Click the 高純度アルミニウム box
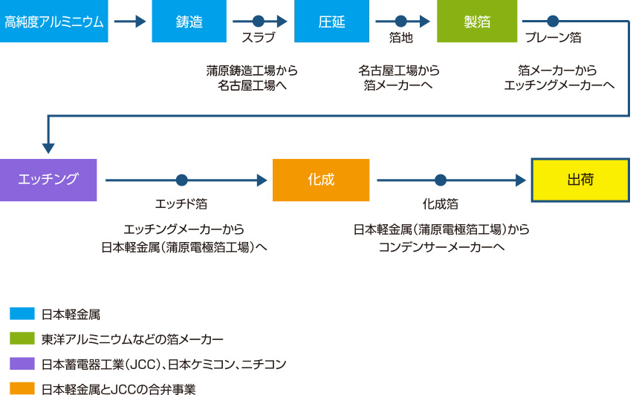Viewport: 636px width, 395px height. click(x=54, y=21)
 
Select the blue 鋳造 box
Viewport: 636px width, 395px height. click(x=189, y=21)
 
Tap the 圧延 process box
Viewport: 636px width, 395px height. click(x=332, y=21)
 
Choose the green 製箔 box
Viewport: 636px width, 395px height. click(x=477, y=21)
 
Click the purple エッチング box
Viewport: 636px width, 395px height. click(x=48, y=180)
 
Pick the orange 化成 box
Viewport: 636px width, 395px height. click(x=321, y=180)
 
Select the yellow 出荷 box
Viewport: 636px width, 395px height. click(x=580, y=180)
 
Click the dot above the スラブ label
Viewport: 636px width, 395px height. click(x=259, y=21)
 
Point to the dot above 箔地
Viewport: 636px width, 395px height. click(x=400, y=21)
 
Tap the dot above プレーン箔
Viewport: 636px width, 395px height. click(x=553, y=21)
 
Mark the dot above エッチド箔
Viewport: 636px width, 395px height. click(x=182, y=180)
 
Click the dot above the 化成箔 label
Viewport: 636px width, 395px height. click(x=441, y=180)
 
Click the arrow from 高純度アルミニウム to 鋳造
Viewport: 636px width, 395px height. click(x=130, y=21)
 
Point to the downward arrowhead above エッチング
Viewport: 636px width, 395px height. click(x=48, y=148)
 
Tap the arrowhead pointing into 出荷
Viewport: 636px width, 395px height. click(x=521, y=180)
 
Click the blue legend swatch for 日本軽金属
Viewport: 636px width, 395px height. click(x=22, y=313)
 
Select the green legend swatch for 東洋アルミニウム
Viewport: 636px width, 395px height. click(x=22, y=339)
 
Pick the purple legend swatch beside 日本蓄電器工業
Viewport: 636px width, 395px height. click(x=22, y=363)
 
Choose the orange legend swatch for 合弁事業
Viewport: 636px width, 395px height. click(x=22, y=388)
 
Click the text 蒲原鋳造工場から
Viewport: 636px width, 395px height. click(x=252, y=71)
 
